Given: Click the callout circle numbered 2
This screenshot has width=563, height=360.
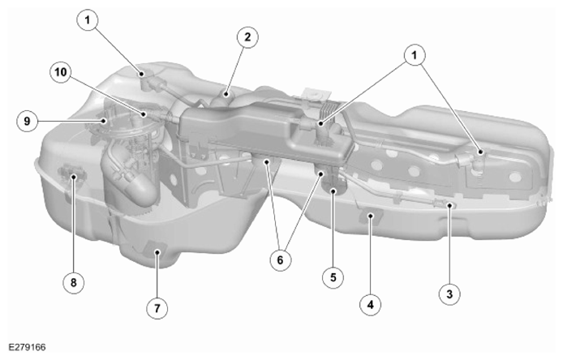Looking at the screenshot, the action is tap(247, 37).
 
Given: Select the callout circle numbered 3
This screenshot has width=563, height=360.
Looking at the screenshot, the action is tap(449, 294).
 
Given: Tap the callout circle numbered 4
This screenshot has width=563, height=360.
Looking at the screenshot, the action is tap(371, 305).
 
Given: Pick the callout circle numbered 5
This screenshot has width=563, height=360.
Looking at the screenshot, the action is tap(333, 277).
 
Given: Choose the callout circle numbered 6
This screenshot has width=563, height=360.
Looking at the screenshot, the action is tap(281, 259).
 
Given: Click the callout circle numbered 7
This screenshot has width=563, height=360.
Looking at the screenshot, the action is tap(157, 308).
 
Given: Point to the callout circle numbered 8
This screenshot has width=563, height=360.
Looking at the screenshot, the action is tap(74, 282).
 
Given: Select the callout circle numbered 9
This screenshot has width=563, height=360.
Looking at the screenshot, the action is tap(28, 121).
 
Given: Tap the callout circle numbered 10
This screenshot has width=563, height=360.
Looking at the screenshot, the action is tap(60, 72).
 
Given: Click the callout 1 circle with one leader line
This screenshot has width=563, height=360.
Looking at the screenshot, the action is tap(88, 20).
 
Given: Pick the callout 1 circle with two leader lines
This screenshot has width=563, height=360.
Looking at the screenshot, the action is tap(415, 55).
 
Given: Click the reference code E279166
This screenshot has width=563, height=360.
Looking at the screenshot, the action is tap(27, 348).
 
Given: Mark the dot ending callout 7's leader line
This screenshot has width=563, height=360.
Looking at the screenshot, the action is tap(157, 252).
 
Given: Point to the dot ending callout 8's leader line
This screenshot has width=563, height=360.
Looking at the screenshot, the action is tap(74, 177).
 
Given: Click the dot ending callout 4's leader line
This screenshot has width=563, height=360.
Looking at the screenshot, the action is tap(371, 216).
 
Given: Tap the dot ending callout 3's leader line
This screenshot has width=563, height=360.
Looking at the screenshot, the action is tap(449, 205).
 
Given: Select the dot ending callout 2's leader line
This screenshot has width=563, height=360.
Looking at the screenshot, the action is tap(226, 94).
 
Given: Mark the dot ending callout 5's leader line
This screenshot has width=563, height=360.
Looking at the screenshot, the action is tap(333, 191).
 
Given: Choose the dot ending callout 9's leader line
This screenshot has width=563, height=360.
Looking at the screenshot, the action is tap(104, 121).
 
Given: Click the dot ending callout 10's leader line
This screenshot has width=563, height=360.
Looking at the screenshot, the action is tap(144, 114).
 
